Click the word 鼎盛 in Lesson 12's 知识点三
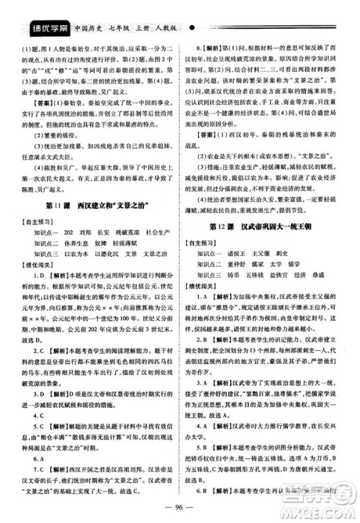(x=338, y=283)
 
